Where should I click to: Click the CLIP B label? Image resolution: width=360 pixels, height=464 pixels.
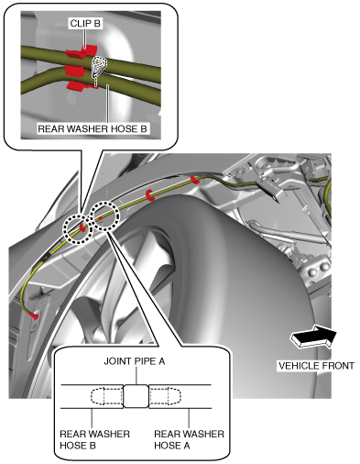(85, 24)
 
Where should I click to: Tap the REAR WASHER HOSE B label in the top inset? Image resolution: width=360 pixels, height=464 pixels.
(93, 128)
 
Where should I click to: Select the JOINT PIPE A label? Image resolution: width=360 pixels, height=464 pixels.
(135, 361)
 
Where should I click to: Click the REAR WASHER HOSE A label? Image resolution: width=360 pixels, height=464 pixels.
(189, 439)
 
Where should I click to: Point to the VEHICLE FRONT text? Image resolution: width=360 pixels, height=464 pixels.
(316, 366)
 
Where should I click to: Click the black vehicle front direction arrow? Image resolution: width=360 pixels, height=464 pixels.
(313, 337)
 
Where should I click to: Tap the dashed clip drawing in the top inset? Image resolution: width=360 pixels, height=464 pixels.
(99, 68)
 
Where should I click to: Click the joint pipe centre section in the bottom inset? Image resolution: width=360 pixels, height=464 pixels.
(136, 396)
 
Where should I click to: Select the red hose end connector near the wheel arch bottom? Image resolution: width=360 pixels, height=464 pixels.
(34, 315)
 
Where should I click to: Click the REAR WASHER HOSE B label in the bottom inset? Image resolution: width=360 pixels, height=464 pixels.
(94, 439)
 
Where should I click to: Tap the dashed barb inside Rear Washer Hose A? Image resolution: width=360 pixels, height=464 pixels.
(165, 396)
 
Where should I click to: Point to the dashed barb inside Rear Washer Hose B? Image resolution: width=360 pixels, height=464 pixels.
(107, 396)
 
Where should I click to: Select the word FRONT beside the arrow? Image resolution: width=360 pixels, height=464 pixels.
(337, 366)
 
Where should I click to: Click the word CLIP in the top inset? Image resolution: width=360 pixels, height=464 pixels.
(80, 24)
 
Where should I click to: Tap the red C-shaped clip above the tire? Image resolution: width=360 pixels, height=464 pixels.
(149, 195)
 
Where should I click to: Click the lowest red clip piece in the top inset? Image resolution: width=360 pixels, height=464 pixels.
(80, 85)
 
